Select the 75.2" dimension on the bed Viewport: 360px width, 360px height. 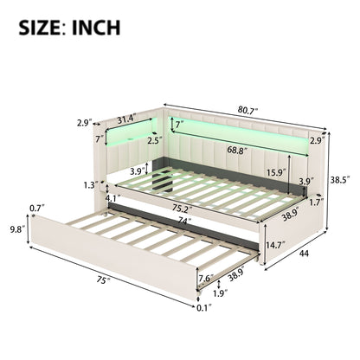pos(180,209)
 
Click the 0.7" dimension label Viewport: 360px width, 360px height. pos(35,209)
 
